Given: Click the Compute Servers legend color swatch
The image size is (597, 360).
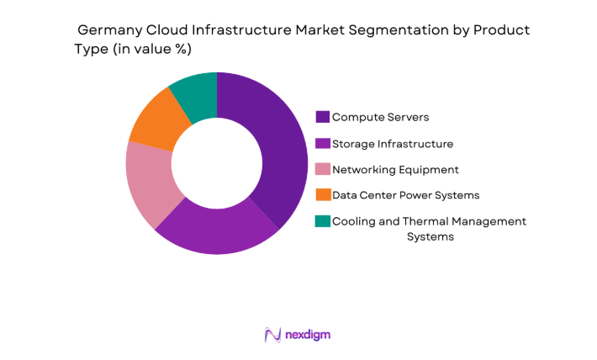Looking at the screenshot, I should pyautogui.click(x=323, y=117).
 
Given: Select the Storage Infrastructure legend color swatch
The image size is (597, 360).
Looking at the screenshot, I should pyautogui.click(x=323, y=143).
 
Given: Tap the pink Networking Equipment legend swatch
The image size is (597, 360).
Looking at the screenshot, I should pyautogui.click(x=323, y=169).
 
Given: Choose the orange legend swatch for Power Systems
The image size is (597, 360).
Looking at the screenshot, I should pyautogui.click(x=323, y=195).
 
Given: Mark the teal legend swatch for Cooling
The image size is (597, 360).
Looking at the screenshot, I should pyautogui.click(x=323, y=221).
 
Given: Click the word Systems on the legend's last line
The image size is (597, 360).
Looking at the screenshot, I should pyautogui.click(x=430, y=237).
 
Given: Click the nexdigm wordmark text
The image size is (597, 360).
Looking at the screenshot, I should pyautogui.click(x=309, y=335).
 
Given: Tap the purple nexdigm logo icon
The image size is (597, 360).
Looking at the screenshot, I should pyautogui.click(x=272, y=335).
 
